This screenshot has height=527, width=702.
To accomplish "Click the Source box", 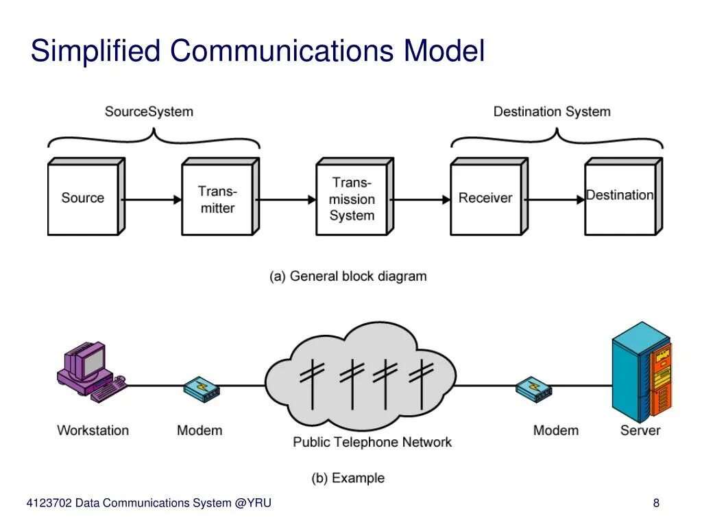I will (x=83, y=198).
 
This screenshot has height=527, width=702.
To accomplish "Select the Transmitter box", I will (x=217, y=199).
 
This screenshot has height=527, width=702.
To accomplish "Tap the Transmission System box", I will (x=352, y=199).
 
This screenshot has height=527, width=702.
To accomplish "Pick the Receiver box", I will (x=485, y=198).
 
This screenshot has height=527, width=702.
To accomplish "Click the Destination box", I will (x=620, y=197).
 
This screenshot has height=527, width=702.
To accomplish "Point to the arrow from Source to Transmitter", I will (x=153, y=200).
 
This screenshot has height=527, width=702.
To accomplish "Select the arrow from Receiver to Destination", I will (x=556, y=200).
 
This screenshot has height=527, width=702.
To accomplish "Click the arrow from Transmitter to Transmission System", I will (x=287, y=200).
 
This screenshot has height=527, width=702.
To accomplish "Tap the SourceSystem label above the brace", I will (x=149, y=111).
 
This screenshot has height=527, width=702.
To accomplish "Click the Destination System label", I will (x=552, y=111).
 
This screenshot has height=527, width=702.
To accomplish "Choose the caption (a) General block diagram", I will (x=348, y=276).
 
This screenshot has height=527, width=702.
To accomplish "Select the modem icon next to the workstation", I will (x=201, y=389).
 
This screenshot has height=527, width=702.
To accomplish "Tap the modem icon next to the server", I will (x=533, y=389).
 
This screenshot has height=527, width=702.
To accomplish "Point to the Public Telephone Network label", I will (x=372, y=442).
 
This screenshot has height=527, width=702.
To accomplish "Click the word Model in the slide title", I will (x=444, y=51).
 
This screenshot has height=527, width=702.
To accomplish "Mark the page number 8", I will (x=656, y=503).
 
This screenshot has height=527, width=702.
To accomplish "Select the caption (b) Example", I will (x=348, y=478).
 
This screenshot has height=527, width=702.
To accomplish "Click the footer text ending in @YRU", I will (x=149, y=503).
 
